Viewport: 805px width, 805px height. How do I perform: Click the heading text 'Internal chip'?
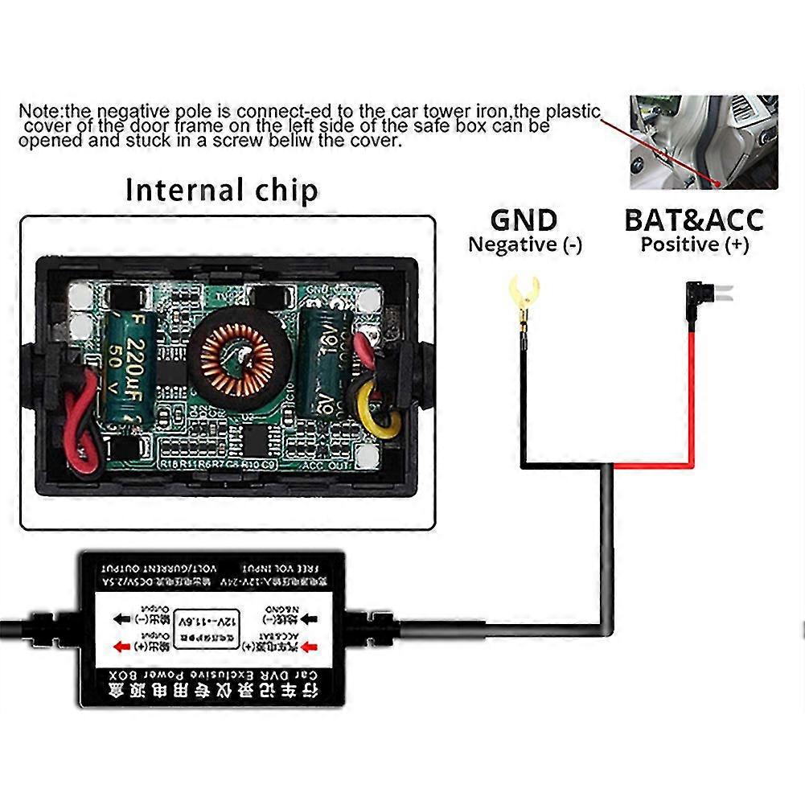(222, 191)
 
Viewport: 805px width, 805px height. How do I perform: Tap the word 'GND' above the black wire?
(524, 220)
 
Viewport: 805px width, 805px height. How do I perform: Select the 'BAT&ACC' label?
(694, 220)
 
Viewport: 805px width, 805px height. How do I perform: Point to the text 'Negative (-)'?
(525, 244)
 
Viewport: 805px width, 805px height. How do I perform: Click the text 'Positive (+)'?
(694, 244)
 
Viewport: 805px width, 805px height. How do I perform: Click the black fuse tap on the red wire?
(693, 301)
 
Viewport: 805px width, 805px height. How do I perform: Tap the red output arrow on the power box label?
(123, 644)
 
